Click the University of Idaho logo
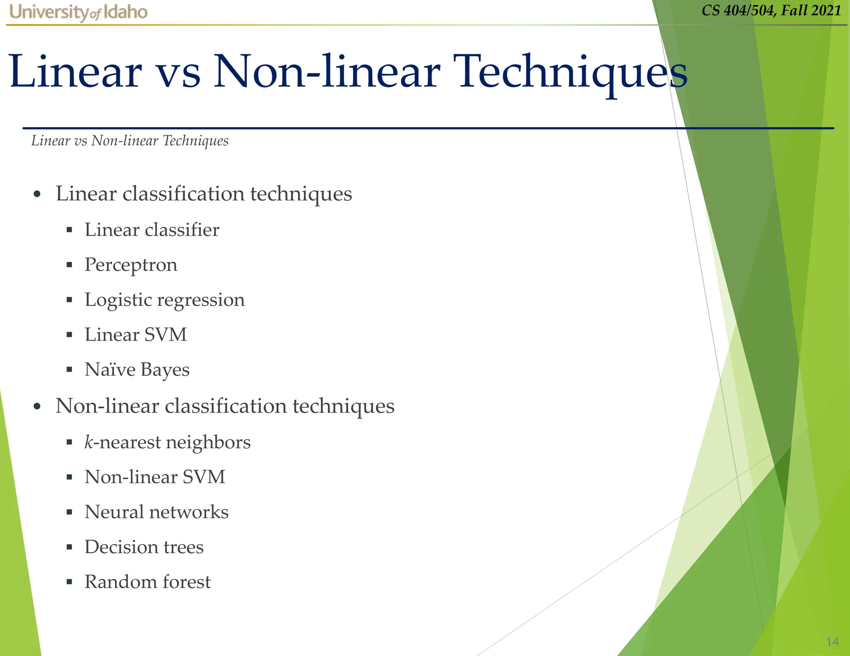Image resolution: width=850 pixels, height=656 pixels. point(78,12)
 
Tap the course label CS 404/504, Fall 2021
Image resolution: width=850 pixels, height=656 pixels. point(771,10)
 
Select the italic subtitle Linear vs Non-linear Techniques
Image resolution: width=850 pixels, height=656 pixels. point(130,141)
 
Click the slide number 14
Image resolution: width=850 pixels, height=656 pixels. point(832,642)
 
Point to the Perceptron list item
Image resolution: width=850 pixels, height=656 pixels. point(131,265)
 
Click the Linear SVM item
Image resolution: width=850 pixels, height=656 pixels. point(136,335)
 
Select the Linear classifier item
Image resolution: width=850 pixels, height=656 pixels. point(152,230)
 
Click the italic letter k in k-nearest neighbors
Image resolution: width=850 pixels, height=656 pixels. point(88,442)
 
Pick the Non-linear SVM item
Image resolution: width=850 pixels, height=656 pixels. point(155,477)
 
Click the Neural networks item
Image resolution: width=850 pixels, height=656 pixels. point(156,512)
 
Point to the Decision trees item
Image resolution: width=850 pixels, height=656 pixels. point(144,547)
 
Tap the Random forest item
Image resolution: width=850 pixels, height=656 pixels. point(147,582)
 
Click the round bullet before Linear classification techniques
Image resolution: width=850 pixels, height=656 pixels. point(37,194)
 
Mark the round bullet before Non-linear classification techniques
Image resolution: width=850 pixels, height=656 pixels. point(37,407)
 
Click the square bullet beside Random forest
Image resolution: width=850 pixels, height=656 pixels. point(69,582)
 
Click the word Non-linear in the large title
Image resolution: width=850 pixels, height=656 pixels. point(326,73)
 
